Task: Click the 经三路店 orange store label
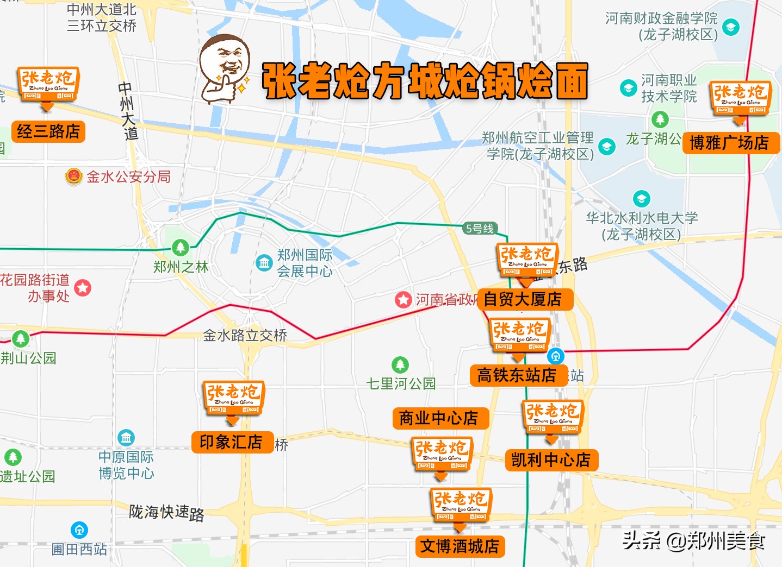coord(48,131)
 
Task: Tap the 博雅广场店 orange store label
coord(730,143)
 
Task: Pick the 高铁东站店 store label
coord(517,375)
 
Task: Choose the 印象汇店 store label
coord(231,442)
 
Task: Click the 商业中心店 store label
coord(439,418)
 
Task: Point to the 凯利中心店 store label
coord(551,460)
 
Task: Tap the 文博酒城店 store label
coord(460,546)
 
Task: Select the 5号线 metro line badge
coord(480,229)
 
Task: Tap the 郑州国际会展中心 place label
coord(305,263)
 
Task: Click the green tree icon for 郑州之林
coord(181,248)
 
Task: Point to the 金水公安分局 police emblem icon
coord(73,177)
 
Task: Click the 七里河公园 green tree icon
coord(400,364)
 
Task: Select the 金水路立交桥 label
coord(245,336)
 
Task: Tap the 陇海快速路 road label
coord(166,512)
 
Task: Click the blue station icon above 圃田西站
coord(79,530)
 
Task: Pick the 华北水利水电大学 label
coord(642,226)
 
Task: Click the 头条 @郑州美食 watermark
coord(693,540)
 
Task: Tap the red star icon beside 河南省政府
coord(403,299)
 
